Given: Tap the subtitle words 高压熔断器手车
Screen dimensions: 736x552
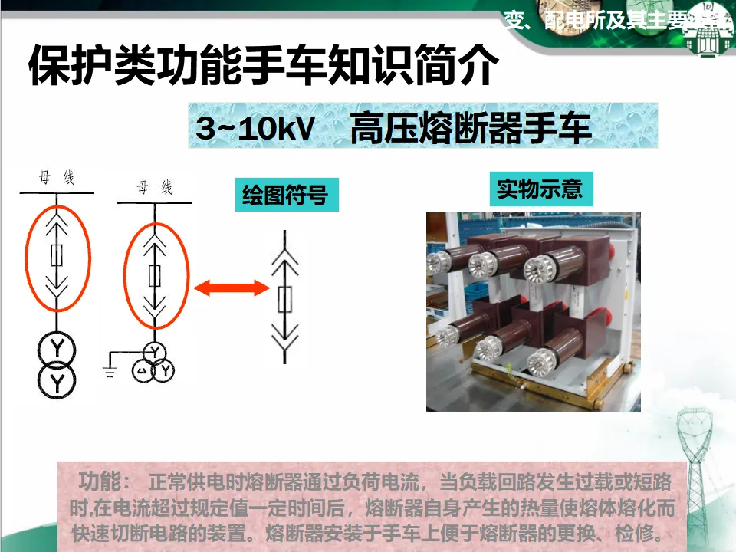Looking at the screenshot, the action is coord(470,127).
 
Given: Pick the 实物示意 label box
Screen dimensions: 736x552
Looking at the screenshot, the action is coord(540,189).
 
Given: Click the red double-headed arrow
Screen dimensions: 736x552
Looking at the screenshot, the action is coord(231,288).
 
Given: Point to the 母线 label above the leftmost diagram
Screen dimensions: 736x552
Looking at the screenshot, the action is coord(58,179).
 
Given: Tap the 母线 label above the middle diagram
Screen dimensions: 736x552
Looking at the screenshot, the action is coord(154,188).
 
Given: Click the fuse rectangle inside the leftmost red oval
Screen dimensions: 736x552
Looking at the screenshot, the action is coord(57,255).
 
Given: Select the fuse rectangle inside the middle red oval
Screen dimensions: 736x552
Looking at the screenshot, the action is coord(155,275).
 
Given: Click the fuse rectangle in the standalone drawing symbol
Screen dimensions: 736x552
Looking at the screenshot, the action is coord(284,299).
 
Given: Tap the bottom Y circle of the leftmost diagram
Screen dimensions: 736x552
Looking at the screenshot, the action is coord(58,380).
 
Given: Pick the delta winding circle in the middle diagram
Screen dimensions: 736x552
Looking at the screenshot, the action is coord(143,371).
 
